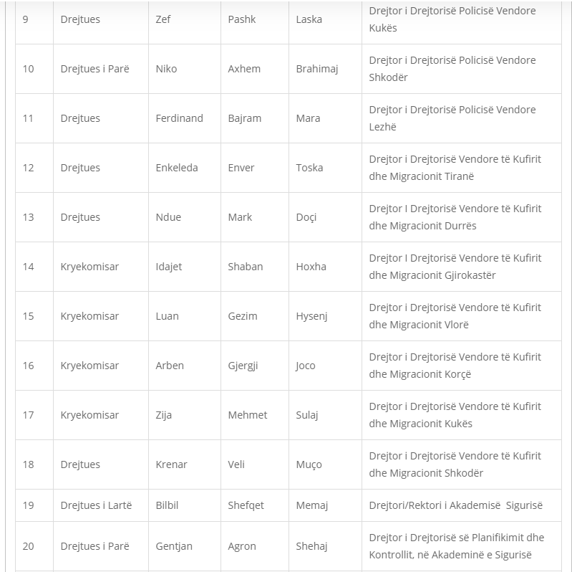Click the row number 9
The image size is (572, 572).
[26, 19]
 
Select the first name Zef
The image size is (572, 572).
[163, 19]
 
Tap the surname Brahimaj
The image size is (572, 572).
[316, 69]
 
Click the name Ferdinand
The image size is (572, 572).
[179, 118]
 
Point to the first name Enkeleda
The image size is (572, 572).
[176, 168]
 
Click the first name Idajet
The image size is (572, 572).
[169, 267]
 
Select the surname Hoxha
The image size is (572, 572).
[311, 267]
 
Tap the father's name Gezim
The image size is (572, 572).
[243, 316]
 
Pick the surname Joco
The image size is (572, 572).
[306, 366]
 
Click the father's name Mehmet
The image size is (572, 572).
[247, 415]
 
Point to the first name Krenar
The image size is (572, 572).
[171, 464]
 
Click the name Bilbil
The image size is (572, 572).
[167, 505]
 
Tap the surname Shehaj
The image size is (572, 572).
[311, 546]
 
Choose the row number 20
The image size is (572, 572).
[28, 546]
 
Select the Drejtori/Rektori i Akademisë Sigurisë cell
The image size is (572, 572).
[455, 505]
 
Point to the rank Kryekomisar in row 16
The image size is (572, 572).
[89, 366]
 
